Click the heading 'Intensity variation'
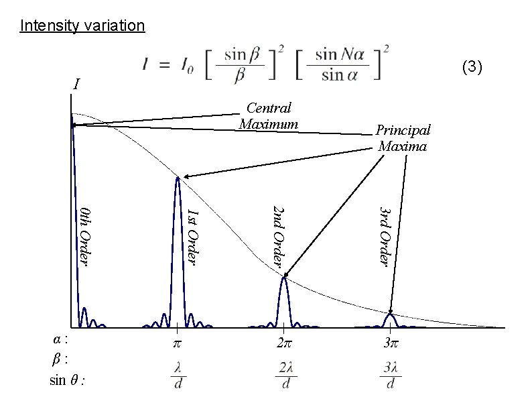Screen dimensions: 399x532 (x=82, y=26)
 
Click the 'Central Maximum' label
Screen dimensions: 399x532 (x=268, y=116)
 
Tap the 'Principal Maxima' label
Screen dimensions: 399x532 (x=402, y=137)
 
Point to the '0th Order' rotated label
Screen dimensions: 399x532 (x=84, y=235)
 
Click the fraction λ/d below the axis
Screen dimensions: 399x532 (x=178, y=376)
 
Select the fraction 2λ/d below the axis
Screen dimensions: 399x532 (x=285, y=376)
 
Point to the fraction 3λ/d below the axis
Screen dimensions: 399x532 (x=391, y=376)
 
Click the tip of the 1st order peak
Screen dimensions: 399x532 (x=178, y=178)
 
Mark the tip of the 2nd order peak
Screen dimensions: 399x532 (x=283, y=277)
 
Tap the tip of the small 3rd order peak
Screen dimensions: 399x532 (x=391, y=313)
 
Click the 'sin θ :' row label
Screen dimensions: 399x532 (x=67, y=381)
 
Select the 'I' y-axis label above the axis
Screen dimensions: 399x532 (x=76, y=85)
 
